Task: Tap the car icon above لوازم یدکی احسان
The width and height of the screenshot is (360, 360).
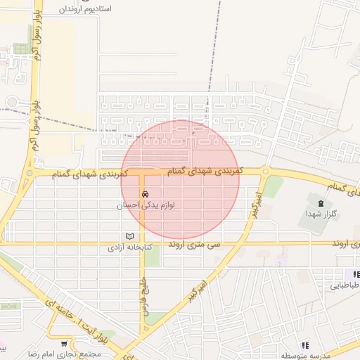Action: point(144,193)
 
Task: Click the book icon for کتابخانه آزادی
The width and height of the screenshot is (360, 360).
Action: point(129,236)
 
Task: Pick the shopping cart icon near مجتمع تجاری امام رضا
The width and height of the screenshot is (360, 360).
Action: point(65,344)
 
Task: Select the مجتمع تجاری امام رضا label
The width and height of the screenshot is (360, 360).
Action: point(71,354)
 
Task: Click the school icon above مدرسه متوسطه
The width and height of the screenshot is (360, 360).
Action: point(305,345)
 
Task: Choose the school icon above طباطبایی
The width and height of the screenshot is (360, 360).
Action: point(356,274)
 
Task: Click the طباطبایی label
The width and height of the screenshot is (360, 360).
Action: point(345,285)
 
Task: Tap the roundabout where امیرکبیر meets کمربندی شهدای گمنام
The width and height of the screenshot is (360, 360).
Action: point(265,171)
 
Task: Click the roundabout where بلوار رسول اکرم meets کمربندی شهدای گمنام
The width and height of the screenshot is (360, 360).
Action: point(30,173)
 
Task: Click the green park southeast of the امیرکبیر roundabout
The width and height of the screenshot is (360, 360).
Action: point(273,186)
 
